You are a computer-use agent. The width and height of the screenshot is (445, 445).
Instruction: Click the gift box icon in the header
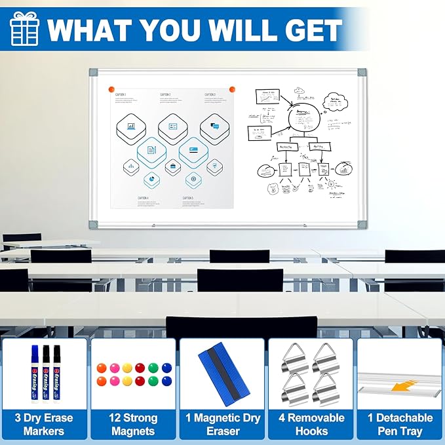coord(24,29)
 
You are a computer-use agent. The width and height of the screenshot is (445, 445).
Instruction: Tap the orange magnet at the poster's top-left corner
coord(111,88)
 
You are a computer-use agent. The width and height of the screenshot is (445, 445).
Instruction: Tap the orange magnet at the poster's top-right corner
coord(231,88)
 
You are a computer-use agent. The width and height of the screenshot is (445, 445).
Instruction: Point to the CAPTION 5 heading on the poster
coord(188,198)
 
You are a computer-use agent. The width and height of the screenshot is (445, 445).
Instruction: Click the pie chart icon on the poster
coord(152,179)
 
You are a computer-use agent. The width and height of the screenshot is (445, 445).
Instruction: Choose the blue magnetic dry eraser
coord(222,376)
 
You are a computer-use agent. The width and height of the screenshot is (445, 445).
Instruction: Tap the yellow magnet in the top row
coord(127,368)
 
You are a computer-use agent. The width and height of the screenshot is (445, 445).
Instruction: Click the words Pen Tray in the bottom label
coord(400,431)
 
